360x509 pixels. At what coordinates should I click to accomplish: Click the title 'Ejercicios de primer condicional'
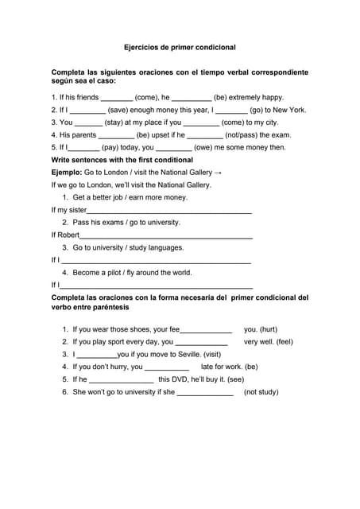pos(180,48)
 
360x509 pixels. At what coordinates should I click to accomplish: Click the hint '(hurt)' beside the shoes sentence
pos(261,329)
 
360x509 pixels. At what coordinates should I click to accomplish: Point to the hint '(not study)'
pos(261,392)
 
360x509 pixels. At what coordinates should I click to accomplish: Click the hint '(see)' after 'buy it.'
pos(230,379)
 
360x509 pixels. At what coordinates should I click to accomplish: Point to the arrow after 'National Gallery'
pos(218,173)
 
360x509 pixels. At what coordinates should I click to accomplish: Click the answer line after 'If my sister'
pos(169,212)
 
